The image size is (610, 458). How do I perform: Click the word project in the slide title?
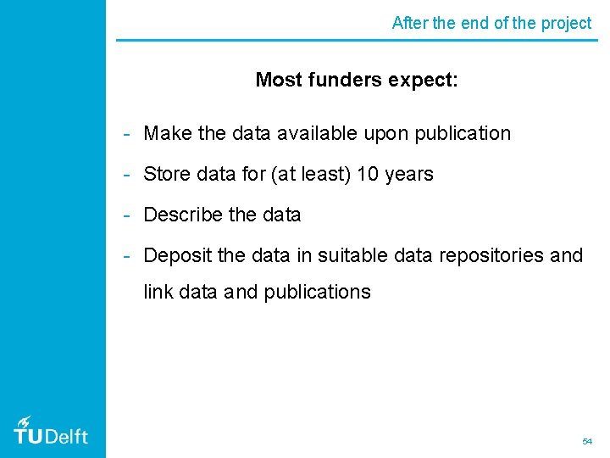pyautogui.click(x=565, y=24)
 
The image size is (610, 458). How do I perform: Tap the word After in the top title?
pyautogui.click(x=410, y=24)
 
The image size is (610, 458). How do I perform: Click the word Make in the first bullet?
pyautogui.click(x=167, y=134)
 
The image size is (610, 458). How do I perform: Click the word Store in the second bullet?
pyautogui.click(x=167, y=175)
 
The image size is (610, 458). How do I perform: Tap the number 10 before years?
pyautogui.click(x=368, y=175)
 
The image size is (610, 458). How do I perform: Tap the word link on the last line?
pyautogui.click(x=158, y=293)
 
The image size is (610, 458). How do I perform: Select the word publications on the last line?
pyautogui.click(x=317, y=293)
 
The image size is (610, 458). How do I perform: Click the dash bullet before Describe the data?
pyautogui.click(x=125, y=215)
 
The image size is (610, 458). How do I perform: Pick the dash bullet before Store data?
pyautogui.click(x=125, y=175)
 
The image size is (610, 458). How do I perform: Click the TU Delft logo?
pyautogui.click(x=51, y=431)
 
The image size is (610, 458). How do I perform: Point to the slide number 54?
pyautogui.click(x=587, y=442)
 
